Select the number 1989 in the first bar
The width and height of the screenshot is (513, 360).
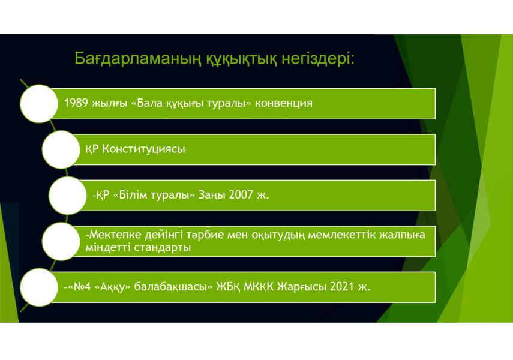click(76, 103)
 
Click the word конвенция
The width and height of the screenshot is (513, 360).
click(284, 103)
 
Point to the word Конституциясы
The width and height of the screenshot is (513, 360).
click(143, 149)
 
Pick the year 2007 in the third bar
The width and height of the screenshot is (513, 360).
click(241, 195)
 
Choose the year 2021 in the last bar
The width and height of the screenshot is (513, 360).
click(342, 287)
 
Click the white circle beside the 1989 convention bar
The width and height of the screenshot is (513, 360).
click(39, 104)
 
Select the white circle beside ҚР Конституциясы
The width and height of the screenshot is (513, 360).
click(61, 149)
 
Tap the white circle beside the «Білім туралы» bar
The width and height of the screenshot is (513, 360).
click(68, 196)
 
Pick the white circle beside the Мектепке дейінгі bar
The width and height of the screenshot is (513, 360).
click(61, 241)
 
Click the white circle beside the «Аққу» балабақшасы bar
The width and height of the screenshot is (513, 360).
click(39, 287)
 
